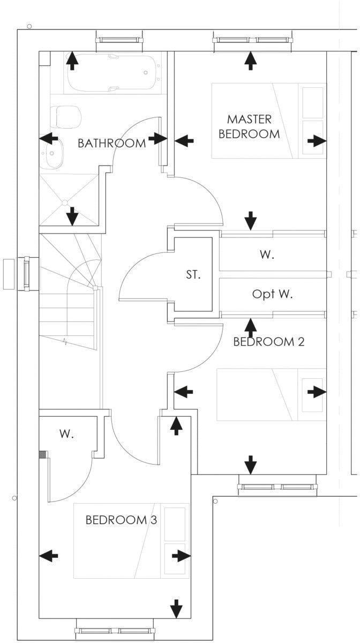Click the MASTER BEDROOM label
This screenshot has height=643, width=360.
(x=249, y=126)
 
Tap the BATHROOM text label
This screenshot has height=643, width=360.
(x=111, y=143)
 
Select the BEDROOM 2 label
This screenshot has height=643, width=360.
(x=268, y=342)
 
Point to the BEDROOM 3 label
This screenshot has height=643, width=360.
(x=121, y=520)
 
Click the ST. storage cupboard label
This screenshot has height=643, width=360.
(x=193, y=275)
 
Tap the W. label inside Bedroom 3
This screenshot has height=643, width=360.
(x=66, y=435)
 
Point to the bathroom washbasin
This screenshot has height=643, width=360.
(x=52, y=156)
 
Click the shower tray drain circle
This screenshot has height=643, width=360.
(x=65, y=203)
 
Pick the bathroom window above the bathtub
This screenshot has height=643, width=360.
(x=119, y=40)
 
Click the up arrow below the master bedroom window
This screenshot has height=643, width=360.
(x=250, y=61)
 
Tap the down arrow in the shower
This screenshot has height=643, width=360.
(x=72, y=217)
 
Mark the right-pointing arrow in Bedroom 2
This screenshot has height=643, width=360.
(x=317, y=392)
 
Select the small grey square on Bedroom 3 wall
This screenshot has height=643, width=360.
(x=43, y=454)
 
